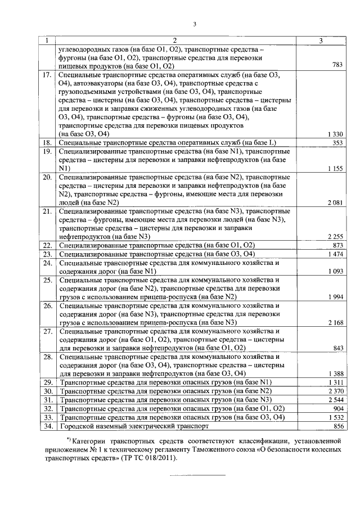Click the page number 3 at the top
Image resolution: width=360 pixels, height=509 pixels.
click(195, 24)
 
